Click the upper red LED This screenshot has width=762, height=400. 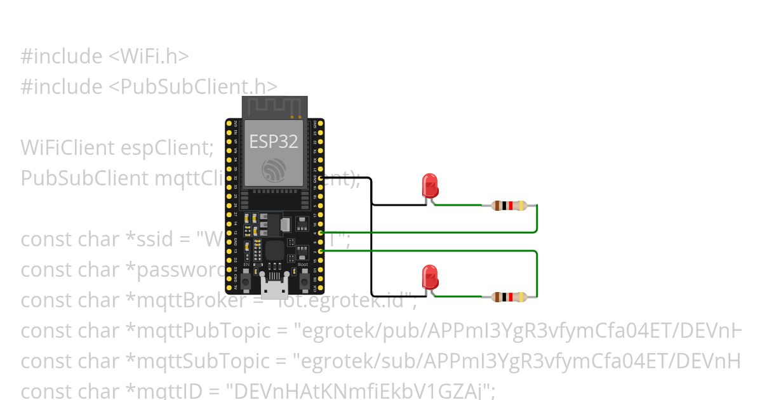[x=430, y=185]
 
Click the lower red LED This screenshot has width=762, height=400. [x=430, y=277]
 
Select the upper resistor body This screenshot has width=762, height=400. [x=509, y=205]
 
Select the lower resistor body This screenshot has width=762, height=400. [x=509, y=297]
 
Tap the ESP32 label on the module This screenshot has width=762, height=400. [x=273, y=141]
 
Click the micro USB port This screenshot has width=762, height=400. [x=275, y=290]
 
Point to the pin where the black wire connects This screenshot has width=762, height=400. [x=321, y=178]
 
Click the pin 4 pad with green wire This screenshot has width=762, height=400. [x=321, y=233]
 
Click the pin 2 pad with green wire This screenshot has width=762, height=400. [x=321, y=251]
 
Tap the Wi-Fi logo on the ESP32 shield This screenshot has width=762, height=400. [x=274, y=170]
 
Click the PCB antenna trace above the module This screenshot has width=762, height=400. [x=274, y=107]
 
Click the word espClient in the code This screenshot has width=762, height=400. [x=163, y=147]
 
